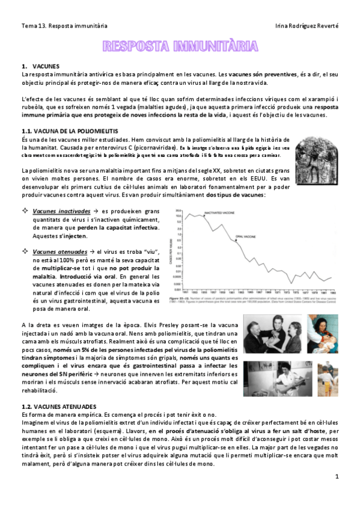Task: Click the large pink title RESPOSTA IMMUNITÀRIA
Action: [180, 46]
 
